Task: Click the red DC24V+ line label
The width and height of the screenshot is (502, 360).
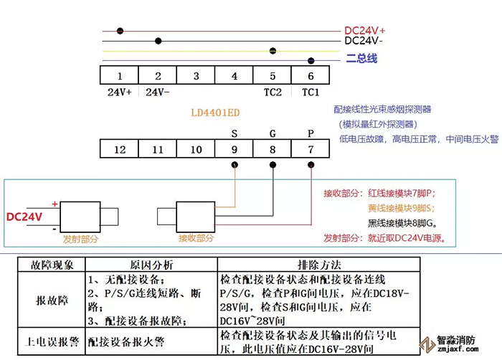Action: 365,31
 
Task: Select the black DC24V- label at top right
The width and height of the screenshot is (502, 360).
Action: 364,42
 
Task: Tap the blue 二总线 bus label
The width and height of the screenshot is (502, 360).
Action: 361,59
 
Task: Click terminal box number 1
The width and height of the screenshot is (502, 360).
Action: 119,76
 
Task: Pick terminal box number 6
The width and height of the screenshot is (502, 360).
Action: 311,76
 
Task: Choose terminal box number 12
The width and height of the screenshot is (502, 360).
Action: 119,149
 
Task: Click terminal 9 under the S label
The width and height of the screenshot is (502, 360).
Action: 235,149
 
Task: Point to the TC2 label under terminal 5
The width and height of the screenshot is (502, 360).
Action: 273,93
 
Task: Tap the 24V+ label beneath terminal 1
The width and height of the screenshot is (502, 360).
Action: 119,93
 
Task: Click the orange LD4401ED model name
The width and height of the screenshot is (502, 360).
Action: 215,113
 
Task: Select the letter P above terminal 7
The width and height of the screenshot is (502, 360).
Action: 311,133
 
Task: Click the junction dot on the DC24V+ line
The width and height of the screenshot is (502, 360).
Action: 120,31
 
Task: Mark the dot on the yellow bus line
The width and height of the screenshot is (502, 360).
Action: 273,51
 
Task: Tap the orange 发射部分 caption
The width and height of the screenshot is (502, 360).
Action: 80,238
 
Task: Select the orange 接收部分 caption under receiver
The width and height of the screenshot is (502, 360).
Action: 196,238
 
